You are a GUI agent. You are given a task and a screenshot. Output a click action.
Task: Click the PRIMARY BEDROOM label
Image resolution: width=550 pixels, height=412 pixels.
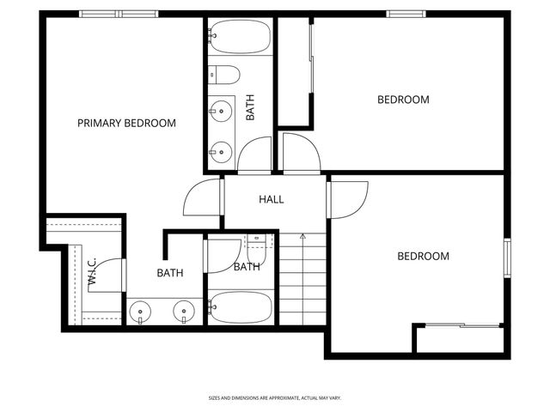pyautogui.click(x=126, y=124)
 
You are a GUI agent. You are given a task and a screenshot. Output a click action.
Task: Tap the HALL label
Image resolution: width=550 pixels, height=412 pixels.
pyautogui.click(x=272, y=200)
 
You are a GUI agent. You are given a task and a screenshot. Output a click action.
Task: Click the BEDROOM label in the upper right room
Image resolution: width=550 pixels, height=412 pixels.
pyautogui.click(x=403, y=100)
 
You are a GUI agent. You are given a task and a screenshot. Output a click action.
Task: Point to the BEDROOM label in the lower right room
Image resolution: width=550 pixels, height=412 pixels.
pyautogui.click(x=423, y=256)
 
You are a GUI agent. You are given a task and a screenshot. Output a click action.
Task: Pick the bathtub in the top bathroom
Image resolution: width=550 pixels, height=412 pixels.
pyautogui.click(x=240, y=37)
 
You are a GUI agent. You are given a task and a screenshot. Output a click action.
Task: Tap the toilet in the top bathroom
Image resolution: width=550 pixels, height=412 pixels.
pyautogui.click(x=224, y=75)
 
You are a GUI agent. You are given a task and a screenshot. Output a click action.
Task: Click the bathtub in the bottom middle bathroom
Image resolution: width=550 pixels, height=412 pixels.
pyautogui.click(x=241, y=306)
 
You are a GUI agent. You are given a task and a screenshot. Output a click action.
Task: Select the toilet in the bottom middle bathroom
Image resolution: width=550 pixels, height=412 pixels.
pyautogui.click(x=257, y=250)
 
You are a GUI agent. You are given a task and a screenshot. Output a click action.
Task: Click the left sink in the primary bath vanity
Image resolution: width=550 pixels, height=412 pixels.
pyautogui.click(x=139, y=311)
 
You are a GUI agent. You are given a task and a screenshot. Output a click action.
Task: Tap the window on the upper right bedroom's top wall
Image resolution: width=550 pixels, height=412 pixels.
pyautogui.click(x=401, y=14)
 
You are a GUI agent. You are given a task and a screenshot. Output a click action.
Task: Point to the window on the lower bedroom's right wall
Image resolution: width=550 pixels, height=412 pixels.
pyautogui.click(x=507, y=258)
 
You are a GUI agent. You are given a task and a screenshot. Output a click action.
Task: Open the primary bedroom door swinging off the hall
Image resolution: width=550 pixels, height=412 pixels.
pyautogui.click(x=203, y=199)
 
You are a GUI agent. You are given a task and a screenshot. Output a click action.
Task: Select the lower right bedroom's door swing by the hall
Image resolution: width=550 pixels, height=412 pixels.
pyautogui.click(x=349, y=198)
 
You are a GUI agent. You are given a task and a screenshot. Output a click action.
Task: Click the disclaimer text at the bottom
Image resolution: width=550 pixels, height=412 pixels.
pyautogui.click(x=275, y=398)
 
